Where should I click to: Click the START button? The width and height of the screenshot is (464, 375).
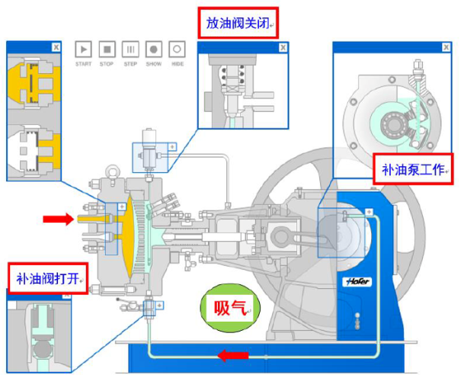click(x=83, y=50)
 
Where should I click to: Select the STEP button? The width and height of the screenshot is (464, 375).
click(x=130, y=50)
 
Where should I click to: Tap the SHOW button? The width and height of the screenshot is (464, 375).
click(x=154, y=50)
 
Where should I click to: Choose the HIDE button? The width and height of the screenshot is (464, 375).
click(x=178, y=50)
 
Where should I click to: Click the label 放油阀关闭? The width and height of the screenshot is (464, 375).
click(x=238, y=23)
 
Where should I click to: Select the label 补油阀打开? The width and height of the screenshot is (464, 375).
click(x=47, y=277)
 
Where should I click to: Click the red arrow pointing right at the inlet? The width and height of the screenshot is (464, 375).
click(x=58, y=220)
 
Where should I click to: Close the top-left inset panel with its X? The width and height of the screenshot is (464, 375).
click(x=56, y=46)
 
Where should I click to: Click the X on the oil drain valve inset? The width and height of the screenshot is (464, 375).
click(x=283, y=47)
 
